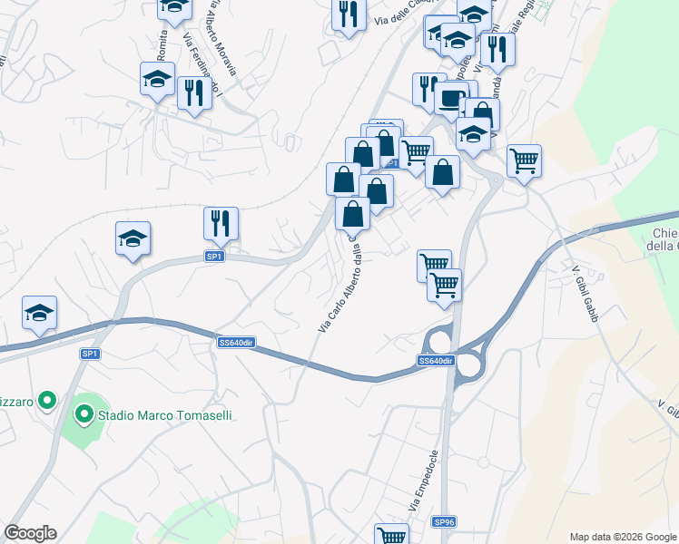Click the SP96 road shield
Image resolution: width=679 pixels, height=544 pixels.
point(443,522)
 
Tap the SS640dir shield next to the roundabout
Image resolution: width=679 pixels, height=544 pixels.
point(436,361)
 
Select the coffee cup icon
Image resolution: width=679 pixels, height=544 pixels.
point(450,99)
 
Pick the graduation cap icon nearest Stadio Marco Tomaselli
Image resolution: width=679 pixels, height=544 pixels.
point(39,312)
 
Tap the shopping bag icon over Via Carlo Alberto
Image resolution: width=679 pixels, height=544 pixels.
point(352,214)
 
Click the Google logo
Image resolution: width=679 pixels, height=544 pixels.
point(30,533)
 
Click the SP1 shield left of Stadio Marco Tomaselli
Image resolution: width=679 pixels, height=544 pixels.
point(89,354)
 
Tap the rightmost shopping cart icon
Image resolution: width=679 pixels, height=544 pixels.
point(524,160)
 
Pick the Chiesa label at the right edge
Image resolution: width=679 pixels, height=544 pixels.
point(664,239)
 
